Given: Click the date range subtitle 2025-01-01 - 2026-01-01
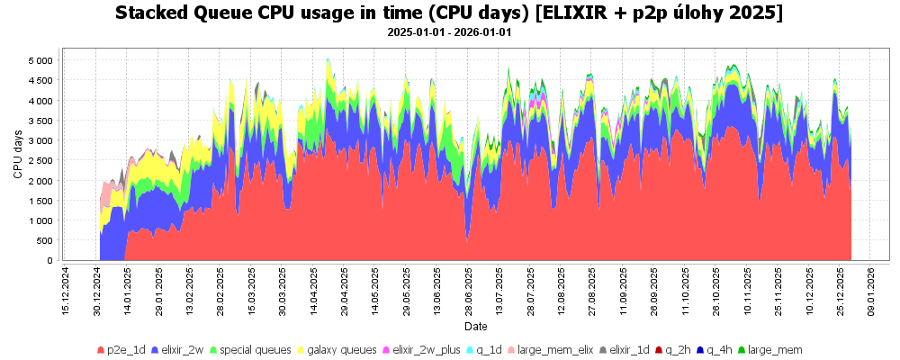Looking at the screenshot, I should click(x=450, y=32).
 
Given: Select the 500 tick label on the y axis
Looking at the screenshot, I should click(x=43, y=240).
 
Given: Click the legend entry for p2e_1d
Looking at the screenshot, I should click(x=124, y=349).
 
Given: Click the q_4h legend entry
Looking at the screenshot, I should click(x=719, y=349).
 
